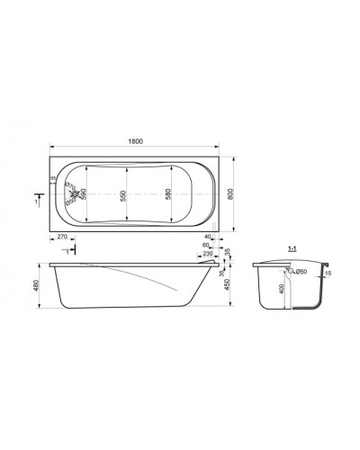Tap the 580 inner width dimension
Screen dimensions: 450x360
pos(170,194)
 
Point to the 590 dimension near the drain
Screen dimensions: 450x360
pos(85,194)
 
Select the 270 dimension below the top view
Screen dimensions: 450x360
pos(61,238)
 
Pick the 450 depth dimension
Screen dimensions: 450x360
pos(236,287)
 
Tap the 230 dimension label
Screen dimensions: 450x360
pos(210,254)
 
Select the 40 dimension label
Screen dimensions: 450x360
pos(208,238)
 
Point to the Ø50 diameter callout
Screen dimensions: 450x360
pos(302,271)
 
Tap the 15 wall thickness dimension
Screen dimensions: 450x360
pos(327,274)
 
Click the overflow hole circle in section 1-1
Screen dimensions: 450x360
pos(292,271)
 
